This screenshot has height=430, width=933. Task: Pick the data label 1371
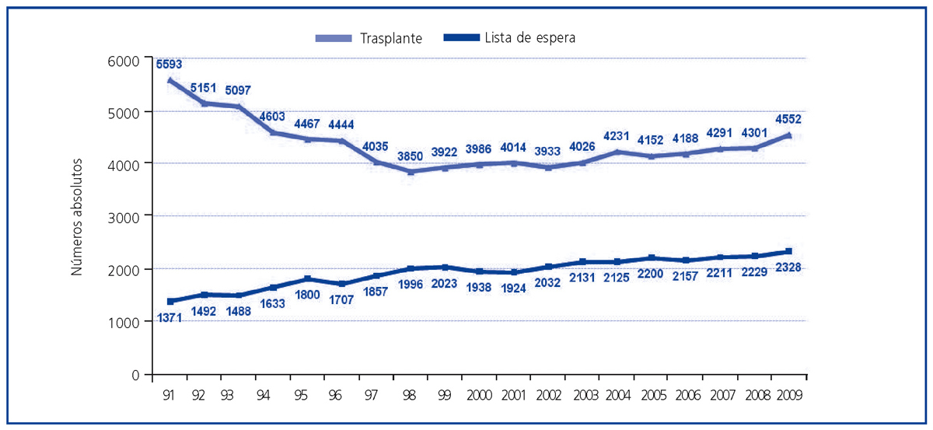[171, 317]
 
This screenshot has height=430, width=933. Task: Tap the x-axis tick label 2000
[477, 395]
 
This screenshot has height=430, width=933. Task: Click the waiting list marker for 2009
[788, 251]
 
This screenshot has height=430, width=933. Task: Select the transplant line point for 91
[170, 80]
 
